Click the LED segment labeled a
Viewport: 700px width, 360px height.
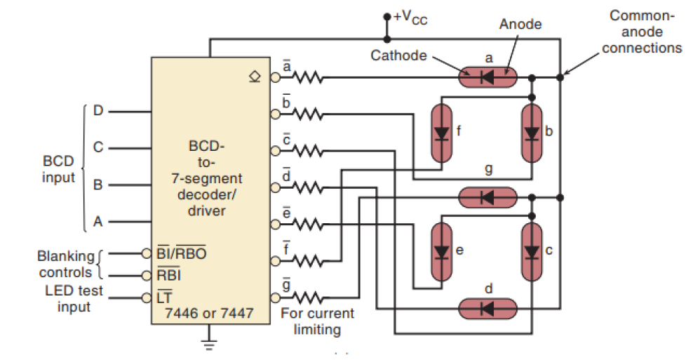click(487, 77)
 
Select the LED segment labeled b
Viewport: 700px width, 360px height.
click(532, 133)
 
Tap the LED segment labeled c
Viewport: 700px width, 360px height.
click(532, 251)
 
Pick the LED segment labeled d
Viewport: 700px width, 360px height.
click(487, 308)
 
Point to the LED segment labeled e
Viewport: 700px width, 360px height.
click(441, 251)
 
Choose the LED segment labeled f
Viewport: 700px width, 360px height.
click(441, 133)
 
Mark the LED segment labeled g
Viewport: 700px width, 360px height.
click(487, 198)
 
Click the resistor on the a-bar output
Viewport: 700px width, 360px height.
click(307, 78)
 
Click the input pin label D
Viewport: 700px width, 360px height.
click(97, 111)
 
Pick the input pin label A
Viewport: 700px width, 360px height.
click(97, 221)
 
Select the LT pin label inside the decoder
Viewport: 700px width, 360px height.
click(165, 298)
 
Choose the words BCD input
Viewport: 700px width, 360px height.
click(58, 169)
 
